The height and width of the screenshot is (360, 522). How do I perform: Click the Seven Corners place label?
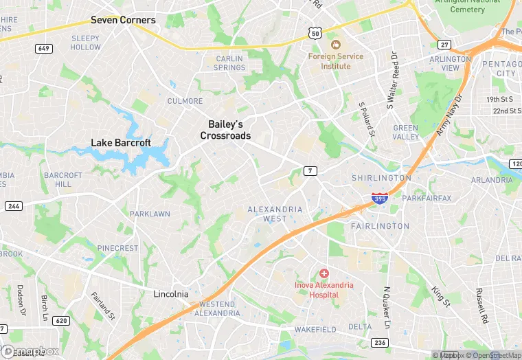[x=123, y=20]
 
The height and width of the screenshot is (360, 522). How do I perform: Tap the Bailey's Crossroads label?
[x=225, y=130]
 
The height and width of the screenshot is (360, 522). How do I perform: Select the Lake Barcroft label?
[x=121, y=143]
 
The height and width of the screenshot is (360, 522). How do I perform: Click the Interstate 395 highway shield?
[x=379, y=199]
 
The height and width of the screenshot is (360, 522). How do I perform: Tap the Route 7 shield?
[x=311, y=170]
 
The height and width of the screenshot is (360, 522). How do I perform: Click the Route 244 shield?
[x=13, y=206]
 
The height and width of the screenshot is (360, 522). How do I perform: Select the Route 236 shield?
[x=379, y=342]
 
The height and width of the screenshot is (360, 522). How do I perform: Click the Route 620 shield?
[x=60, y=320]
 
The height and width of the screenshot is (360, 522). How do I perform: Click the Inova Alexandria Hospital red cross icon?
[x=324, y=273]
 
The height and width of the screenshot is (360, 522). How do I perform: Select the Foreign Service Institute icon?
[x=336, y=45]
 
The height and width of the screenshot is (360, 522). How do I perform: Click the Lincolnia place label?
[x=170, y=294]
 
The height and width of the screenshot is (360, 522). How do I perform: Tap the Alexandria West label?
[x=275, y=214]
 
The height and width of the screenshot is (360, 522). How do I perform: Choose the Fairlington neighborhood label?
[x=380, y=225]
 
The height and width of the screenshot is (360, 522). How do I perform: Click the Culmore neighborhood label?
[x=185, y=101]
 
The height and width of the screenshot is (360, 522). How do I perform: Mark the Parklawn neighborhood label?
[x=150, y=214]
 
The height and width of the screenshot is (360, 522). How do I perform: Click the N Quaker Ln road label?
[x=387, y=306]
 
